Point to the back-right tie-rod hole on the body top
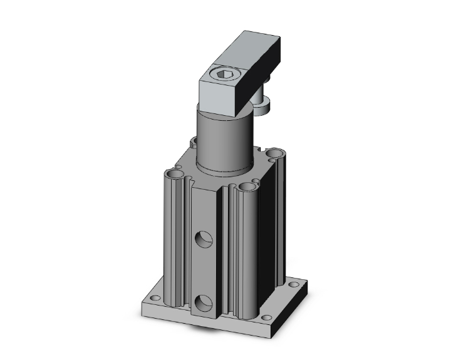coord(274,152)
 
